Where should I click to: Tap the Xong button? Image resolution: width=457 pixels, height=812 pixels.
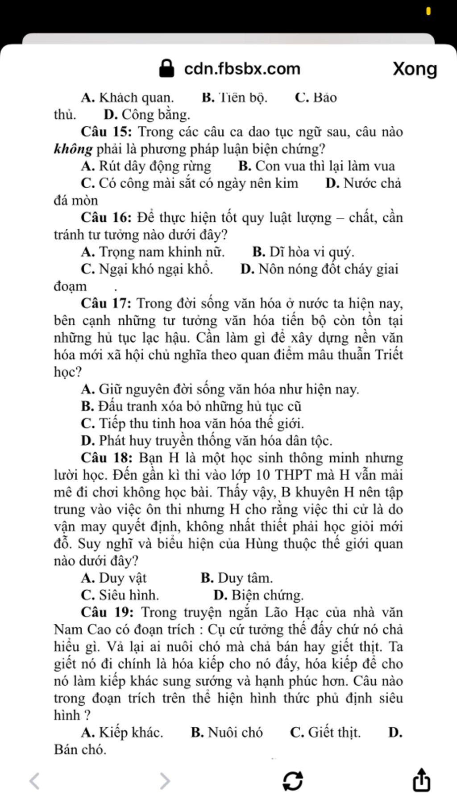click(415, 69)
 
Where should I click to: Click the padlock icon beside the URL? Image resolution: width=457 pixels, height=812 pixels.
click(166, 69)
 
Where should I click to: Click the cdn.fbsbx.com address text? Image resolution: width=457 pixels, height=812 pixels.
click(242, 69)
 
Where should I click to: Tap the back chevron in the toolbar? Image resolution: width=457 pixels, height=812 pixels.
click(34, 781)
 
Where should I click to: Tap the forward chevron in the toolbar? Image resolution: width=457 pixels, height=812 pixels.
click(165, 781)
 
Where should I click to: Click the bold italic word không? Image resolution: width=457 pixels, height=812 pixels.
click(73, 149)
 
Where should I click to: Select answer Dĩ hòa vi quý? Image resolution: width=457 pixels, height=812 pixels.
click(312, 252)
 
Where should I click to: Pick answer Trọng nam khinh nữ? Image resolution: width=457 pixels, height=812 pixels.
click(161, 252)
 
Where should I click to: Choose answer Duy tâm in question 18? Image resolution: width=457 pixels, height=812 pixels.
click(245, 578)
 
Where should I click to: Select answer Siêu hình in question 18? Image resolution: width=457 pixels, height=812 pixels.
click(129, 595)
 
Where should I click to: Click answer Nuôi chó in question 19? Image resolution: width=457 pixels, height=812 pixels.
click(235, 733)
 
